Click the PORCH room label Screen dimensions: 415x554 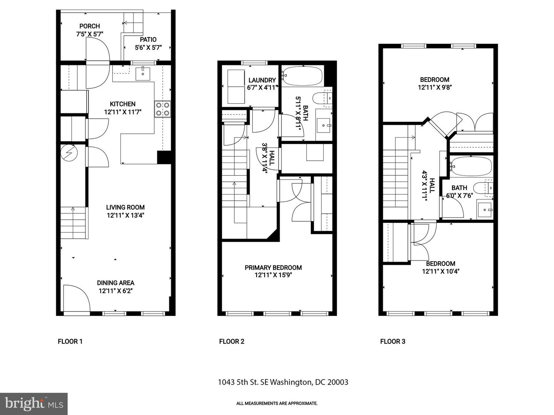click(90, 26)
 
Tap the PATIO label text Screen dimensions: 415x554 click(148, 40)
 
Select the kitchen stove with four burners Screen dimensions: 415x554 click(162, 109)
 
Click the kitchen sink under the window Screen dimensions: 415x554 click(143, 73)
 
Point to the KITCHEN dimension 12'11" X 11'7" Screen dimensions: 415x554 click(122, 112)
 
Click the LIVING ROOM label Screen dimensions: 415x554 click(125, 207)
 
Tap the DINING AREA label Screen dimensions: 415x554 click(115, 283)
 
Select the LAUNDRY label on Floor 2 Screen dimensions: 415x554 click(262, 80)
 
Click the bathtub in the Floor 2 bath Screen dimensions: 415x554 click(302, 76)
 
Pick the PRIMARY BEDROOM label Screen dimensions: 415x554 click(273, 267)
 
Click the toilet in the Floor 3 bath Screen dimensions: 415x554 click(482, 188)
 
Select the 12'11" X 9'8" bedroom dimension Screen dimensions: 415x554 click(435, 87)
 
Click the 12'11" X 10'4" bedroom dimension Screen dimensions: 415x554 click(441, 271)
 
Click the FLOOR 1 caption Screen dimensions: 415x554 click(70, 341)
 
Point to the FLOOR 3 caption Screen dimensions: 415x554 click(392, 341)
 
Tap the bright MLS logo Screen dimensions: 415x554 click(33, 403)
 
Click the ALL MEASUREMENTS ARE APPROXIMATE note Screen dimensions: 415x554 click(277, 403)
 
